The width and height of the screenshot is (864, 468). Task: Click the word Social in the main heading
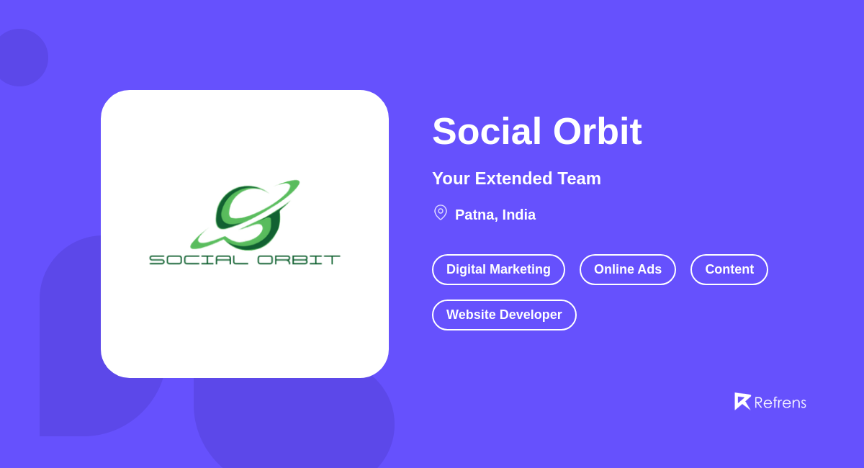pos(487,132)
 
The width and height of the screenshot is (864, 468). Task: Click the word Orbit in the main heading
pos(597,132)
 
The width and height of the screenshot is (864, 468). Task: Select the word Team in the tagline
pos(579,179)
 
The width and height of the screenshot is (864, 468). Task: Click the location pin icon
pos(441,212)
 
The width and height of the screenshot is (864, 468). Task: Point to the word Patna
pos(474,215)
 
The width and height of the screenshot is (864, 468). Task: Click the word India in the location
pos(519,215)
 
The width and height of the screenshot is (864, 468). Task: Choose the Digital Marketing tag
pos(498,269)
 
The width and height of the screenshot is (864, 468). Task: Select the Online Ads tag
pos(628,269)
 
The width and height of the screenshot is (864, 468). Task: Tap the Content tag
pos(729,269)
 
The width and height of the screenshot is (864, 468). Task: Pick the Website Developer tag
pos(504,315)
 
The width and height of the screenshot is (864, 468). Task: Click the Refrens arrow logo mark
pos(742,401)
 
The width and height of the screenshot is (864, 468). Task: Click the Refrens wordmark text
pos(780,402)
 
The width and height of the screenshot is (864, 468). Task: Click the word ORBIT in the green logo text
pos(298,259)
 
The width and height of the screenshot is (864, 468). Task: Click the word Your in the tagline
pos(449,179)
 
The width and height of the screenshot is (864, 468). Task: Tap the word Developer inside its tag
pos(527,315)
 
